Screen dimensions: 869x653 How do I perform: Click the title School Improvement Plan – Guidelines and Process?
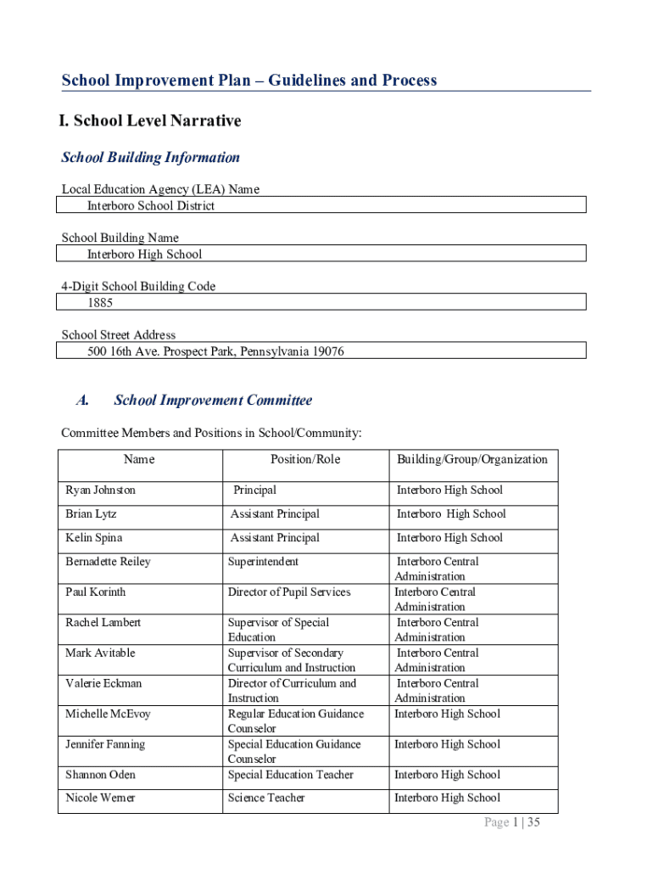pos(249,81)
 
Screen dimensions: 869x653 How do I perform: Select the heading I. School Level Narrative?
pos(150,121)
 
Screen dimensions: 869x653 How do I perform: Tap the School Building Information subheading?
pos(151,158)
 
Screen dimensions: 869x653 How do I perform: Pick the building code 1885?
pos(100,302)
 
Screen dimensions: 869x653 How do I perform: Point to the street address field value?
pos(215,350)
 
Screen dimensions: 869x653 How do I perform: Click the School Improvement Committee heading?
pos(213,401)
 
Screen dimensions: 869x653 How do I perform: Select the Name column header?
pos(139,459)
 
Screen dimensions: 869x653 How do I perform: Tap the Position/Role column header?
pos(305,459)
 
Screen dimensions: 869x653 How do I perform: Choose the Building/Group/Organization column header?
pos(472,459)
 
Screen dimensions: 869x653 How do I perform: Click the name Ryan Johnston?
pos(101,490)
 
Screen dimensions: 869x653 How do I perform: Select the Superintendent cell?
pos(263,561)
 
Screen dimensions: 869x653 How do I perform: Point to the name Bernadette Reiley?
pos(109,561)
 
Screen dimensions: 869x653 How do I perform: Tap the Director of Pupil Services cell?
pos(289,591)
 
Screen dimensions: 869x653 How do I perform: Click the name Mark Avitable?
pos(100,653)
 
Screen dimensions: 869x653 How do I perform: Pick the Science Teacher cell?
pos(266,798)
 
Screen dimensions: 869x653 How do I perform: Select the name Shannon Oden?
pos(100,774)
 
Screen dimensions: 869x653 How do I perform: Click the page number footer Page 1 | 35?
pos(512,822)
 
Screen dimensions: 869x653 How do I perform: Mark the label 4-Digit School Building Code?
pos(138,286)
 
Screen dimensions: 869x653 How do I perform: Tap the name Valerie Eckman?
pos(103,683)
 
